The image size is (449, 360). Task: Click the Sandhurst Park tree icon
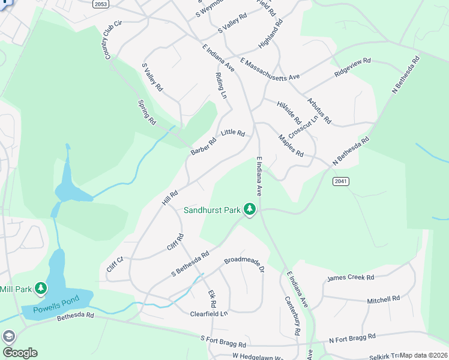250,209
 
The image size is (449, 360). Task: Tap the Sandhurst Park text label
212,210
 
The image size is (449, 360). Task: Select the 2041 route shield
340,181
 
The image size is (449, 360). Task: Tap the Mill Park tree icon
41,289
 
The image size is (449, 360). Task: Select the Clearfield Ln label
209,314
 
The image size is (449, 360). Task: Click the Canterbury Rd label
293,316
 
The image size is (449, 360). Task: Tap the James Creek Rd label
351,278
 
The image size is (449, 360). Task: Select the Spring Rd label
147,112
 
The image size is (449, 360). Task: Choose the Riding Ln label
220,86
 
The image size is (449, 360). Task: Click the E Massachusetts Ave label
270,70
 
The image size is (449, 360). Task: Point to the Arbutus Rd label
319,110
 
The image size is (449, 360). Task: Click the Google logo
19,353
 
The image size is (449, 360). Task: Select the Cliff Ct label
114,264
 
